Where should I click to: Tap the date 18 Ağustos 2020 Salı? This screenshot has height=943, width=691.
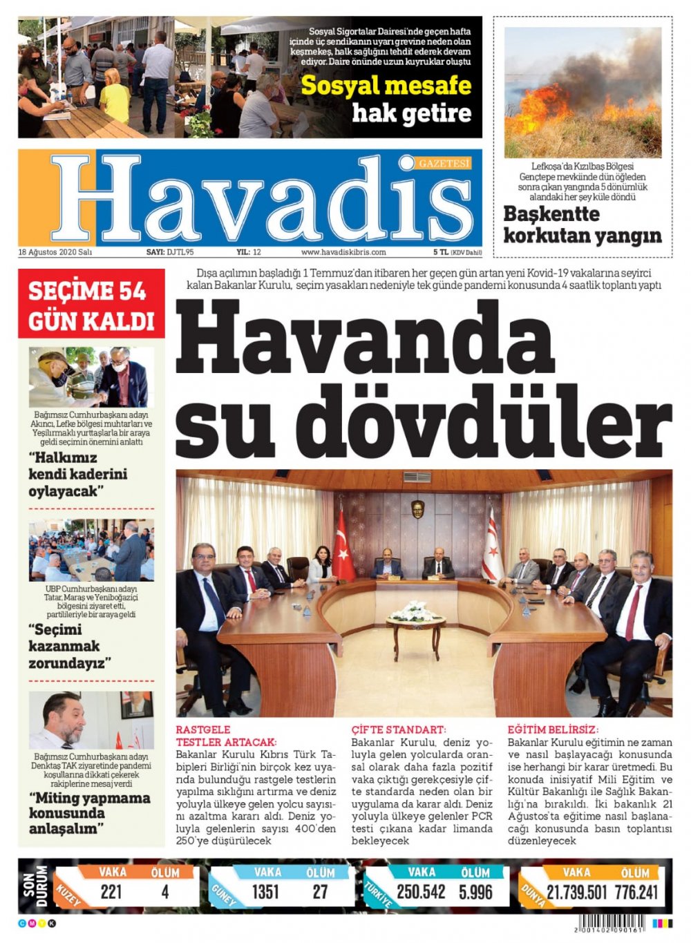tap(55, 252)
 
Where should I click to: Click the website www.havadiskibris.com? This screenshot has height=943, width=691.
tap(343, 252)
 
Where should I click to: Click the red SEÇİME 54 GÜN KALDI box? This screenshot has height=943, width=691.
tap(91, 305)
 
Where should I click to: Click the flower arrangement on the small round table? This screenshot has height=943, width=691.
tap(416, 611)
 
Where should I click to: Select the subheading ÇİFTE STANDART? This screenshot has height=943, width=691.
tap(399, 730)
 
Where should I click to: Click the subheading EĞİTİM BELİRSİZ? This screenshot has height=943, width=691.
tap(553, 730)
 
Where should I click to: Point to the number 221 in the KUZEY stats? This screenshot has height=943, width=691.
tap(111, 892)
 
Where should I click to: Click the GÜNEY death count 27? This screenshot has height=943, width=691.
tap(320, 892)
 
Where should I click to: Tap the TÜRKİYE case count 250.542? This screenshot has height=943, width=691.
tap(421, 892)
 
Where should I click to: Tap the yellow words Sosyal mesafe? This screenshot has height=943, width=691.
tap(386, 86)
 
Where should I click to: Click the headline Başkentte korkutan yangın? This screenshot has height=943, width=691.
tap(582, 225)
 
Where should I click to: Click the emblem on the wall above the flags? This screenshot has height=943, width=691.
tap(417, 509)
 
